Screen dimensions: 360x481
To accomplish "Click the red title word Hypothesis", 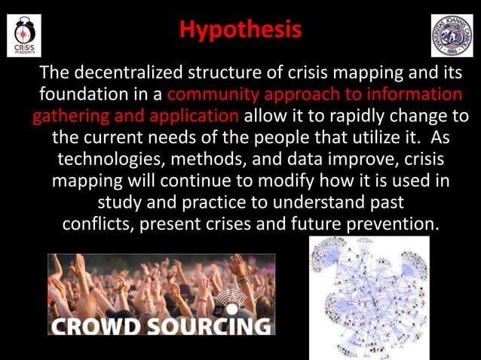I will click(240, 31).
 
